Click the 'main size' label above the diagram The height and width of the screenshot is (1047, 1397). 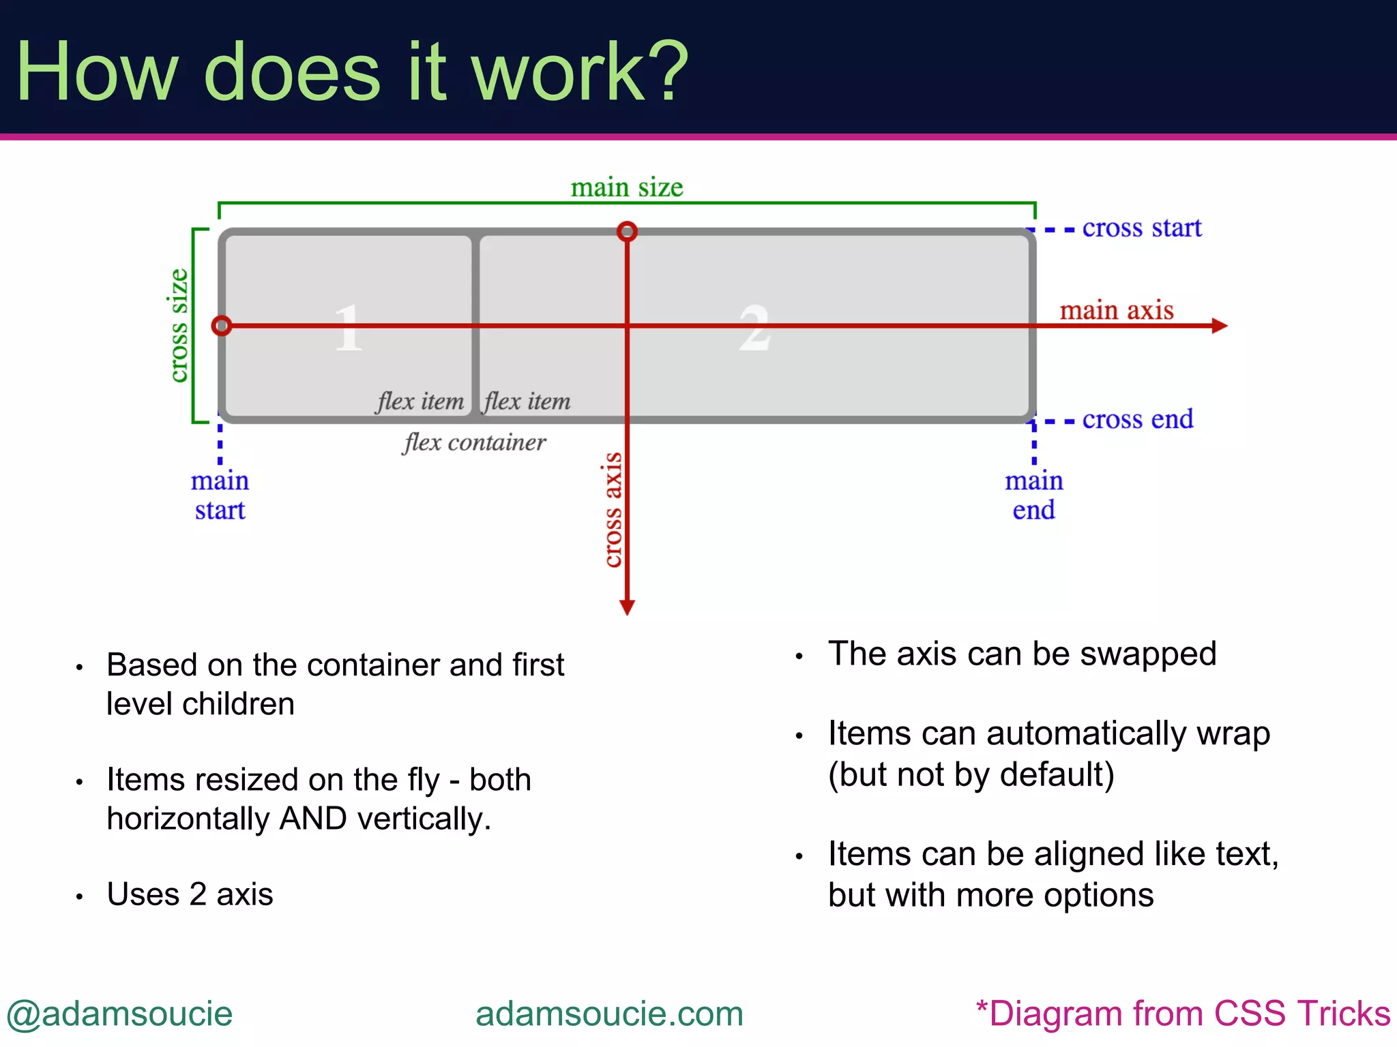[626, 187]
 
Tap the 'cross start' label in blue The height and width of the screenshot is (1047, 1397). [1141, 228]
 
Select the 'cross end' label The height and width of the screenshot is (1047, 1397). [1137, 419]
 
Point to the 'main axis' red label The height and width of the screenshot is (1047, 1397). [1116, 311]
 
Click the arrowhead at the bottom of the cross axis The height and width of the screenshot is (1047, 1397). [627, 607]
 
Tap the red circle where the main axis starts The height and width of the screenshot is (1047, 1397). [222, 326]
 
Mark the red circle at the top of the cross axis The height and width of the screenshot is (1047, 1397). [627, 232]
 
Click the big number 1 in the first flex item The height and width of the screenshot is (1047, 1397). [348, 329]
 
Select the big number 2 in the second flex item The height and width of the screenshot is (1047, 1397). [754, 329]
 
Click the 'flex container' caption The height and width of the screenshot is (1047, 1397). [474, 443]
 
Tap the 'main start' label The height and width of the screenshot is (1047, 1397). [220, 496]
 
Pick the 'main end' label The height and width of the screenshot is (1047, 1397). [1033, 496]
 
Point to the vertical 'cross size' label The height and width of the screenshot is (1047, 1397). [177, 325]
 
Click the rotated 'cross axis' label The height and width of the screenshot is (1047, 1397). [613, 510]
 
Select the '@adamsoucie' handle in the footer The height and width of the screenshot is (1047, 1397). [120, 1014]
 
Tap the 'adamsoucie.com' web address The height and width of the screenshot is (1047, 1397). [609, 1014]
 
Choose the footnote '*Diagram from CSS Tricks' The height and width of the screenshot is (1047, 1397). [1183, 1014]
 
